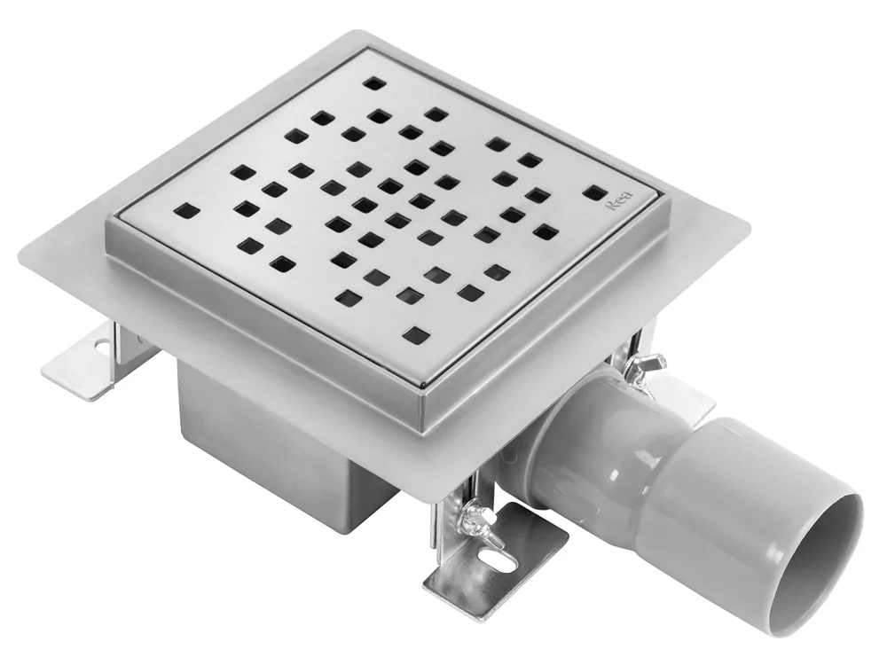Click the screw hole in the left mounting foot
[101, 344]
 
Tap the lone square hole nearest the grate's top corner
[373, 84]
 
